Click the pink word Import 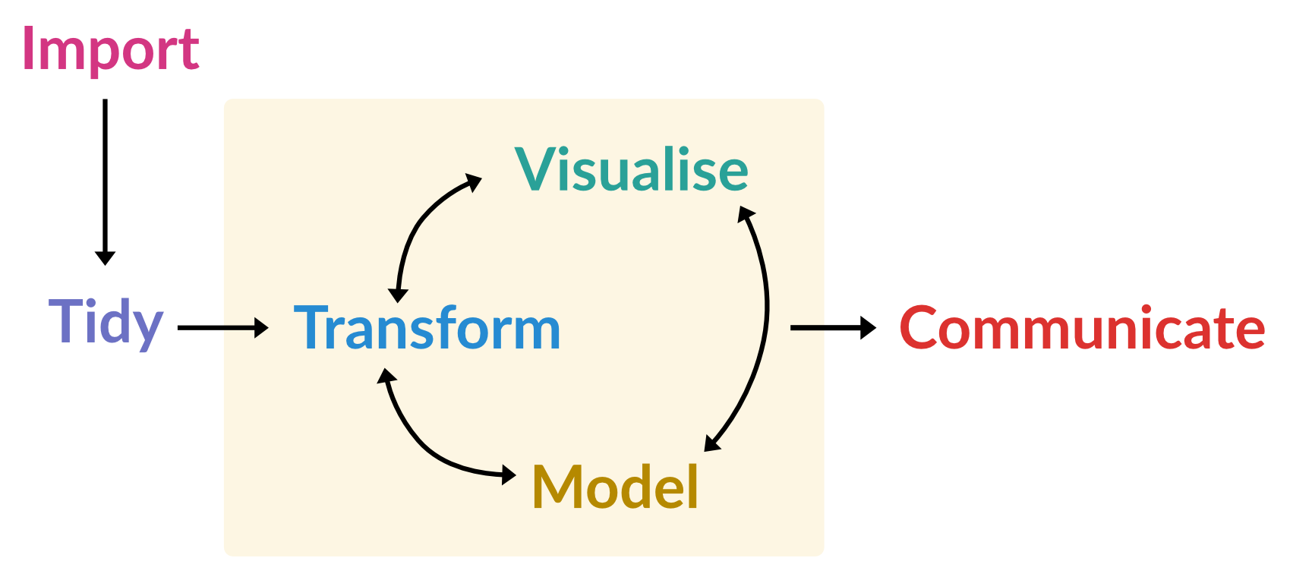(110, 49)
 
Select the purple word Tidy (106, 323)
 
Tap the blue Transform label (427, 329)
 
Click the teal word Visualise (632, 169)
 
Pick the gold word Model (615, 487)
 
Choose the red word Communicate (1082, 328)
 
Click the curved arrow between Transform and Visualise (418, 220)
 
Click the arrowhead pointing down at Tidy (105, 257)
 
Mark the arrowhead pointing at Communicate (868, 328)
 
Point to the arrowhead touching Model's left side (509, 475)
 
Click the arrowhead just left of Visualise (473, 182)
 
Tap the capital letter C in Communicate (921, 328)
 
